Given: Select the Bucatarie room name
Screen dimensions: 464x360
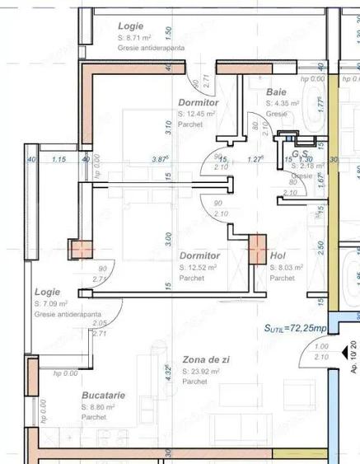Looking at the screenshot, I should click(103, 396).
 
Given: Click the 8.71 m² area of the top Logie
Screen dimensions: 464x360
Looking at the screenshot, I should click(136, 38).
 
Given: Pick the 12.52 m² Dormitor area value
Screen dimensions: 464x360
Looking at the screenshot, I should click(199, 267).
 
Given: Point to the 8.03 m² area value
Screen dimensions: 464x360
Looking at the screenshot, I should click(288, 267).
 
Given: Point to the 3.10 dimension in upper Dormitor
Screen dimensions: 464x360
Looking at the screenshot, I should click(167, 128).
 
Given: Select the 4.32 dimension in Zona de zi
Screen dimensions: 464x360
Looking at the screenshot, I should click(167, 371).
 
